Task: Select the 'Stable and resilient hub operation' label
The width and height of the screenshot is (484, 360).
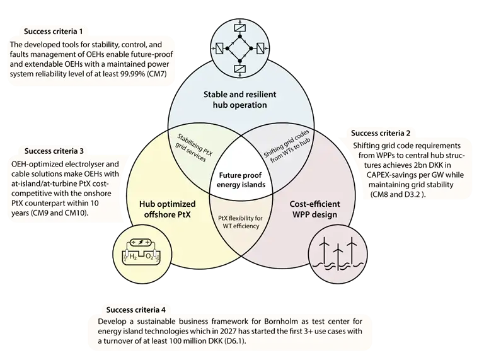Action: tap(239, 100)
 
